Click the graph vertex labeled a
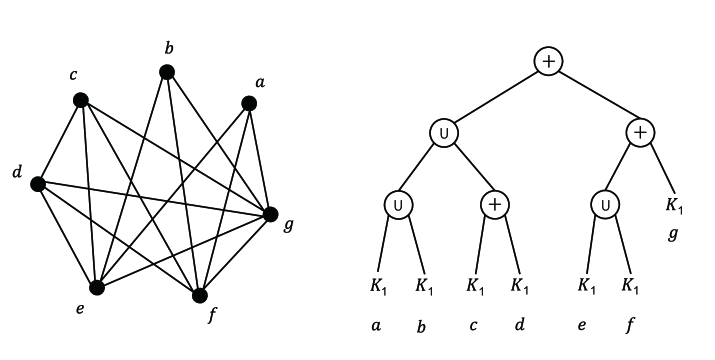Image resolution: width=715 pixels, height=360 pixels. (248, 102)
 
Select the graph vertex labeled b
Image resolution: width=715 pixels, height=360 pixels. (167, 72)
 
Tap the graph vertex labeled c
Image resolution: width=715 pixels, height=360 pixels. (81, 100)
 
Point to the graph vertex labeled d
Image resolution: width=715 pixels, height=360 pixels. (38, 184)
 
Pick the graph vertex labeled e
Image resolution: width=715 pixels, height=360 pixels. (96, 287)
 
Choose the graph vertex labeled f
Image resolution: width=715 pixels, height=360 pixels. (200, 295)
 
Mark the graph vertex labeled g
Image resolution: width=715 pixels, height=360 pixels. (269, 213)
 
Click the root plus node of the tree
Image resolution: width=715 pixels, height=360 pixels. (547, 62)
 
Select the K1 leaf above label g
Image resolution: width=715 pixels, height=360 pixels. (674, 206)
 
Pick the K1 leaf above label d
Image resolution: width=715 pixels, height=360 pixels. (520, 285)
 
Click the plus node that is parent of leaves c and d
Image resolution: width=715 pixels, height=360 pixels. (496, 204)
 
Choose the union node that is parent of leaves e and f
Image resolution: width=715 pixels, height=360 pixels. (606, 204)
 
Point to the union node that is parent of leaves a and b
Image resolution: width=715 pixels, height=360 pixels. (397, 204)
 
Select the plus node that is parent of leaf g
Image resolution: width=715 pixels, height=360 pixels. (640, 133)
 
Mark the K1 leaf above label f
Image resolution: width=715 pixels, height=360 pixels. (630, 285)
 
